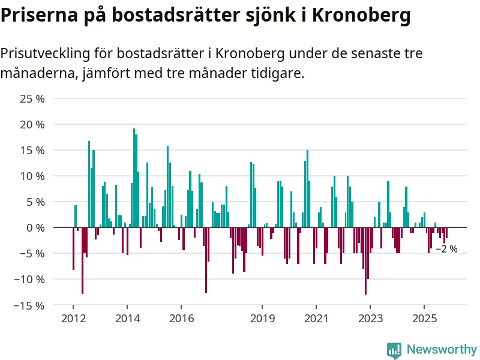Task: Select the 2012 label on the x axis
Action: tap(73, 318)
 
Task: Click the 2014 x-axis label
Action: tap(127, 318)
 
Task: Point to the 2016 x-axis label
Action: tap(181, 318)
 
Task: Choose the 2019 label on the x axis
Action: tap(262, 318)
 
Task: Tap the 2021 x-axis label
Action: tap(316, 318)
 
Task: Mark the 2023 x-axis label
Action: tap(370, 318)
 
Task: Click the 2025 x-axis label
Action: tap(424, 318)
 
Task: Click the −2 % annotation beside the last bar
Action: tap(446, 249)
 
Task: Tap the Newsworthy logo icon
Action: tap(394, 350)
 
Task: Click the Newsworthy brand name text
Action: tap(442, 350)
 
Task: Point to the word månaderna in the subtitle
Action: tap(35, 74)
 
